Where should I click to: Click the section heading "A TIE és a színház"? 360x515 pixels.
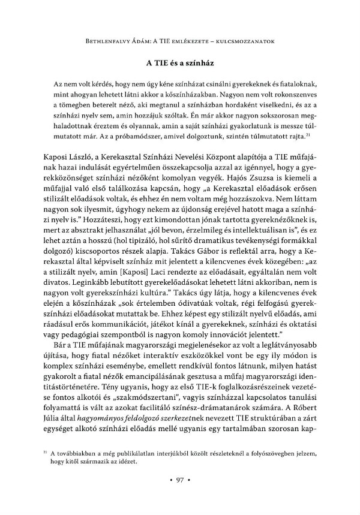[x=180, y=62]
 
